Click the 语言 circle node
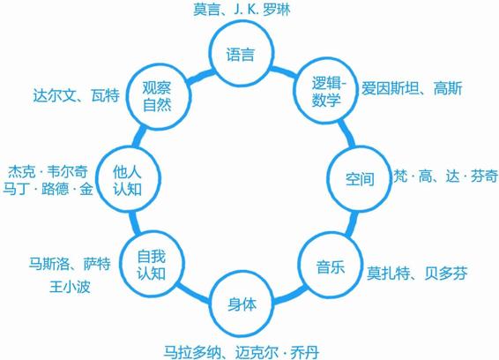click(x=241, y=54)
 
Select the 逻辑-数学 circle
click(x=325, y=92)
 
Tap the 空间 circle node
click(x=360, y=179)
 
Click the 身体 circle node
click(x=242, y=304)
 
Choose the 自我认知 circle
click(x=152, y=265)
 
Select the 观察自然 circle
click(x=158, y=96)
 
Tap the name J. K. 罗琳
click(x=262, y=10)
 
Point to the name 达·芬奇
click(x=472, y=176)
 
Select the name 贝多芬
click(x=446, y=273)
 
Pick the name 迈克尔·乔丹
click(x=277, y=353)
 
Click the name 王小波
click(x=70, y=287)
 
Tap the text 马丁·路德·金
click(x=48, y=189)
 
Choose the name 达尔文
click(x=54, y=95)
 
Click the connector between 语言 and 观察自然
click(x=201, y=77)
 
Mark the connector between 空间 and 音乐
click(x=353, y=223)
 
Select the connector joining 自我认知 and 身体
click(x=193, y=293)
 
